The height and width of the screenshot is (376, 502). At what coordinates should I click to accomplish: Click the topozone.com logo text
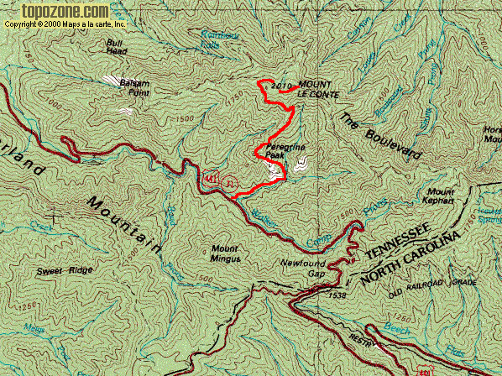[56, 11]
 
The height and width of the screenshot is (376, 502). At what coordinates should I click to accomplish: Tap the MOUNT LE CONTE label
[310, 89]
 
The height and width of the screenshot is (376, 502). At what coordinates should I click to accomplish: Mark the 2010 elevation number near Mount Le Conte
[281, 86]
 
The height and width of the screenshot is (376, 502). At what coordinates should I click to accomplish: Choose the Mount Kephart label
[440, 196]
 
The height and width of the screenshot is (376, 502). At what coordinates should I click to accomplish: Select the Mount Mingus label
[226, 253]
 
